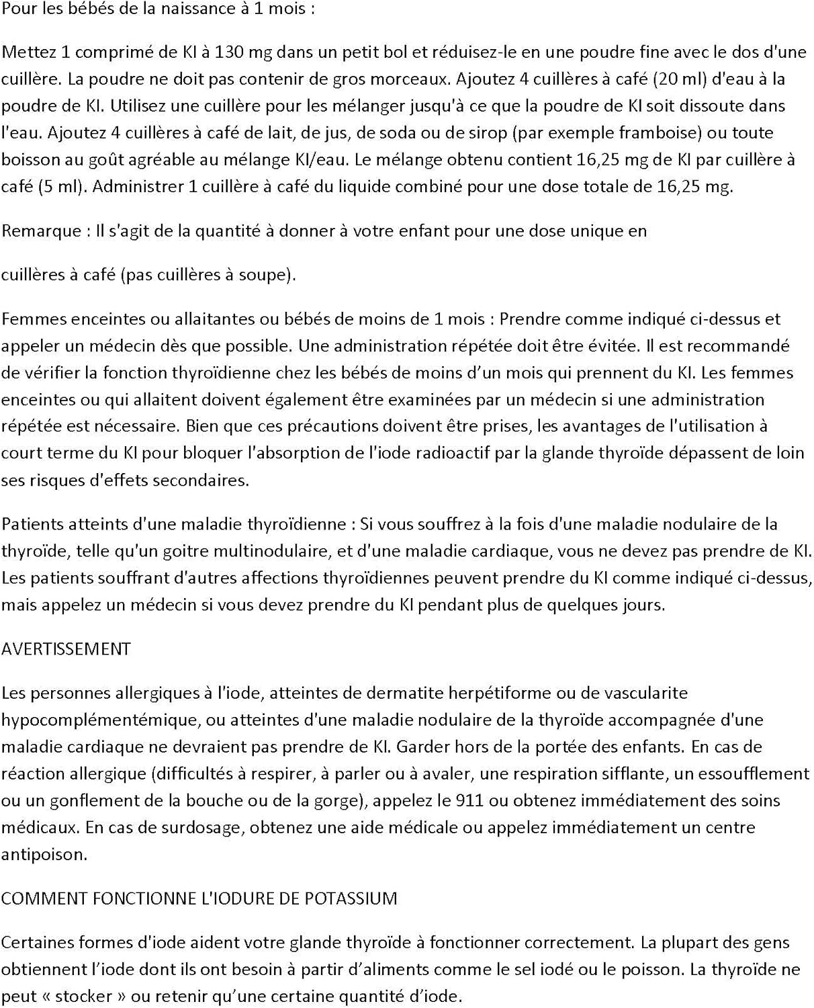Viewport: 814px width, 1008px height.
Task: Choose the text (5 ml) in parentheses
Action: click(62, 186)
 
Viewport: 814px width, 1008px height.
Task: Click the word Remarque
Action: click(41, 230)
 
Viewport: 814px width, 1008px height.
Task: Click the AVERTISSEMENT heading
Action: click(66, 648)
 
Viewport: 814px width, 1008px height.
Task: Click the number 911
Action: click(469, 800)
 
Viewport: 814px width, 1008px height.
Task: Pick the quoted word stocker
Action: click(83, 997)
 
